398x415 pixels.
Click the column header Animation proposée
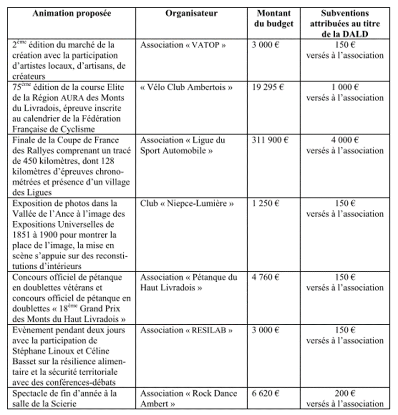click(x=71, y=13)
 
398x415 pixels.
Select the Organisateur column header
click(x=191, y=13)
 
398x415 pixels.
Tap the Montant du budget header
click(x=273, y=19)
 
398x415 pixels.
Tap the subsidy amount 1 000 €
click(x=345, y=87)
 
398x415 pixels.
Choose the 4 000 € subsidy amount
click(x=345, y=140)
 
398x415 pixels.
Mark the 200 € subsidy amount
click(x=345, y=393)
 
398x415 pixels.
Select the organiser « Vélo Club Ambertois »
click(x=186, y=87)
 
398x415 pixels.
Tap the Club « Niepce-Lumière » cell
click(x=187, y=203)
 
